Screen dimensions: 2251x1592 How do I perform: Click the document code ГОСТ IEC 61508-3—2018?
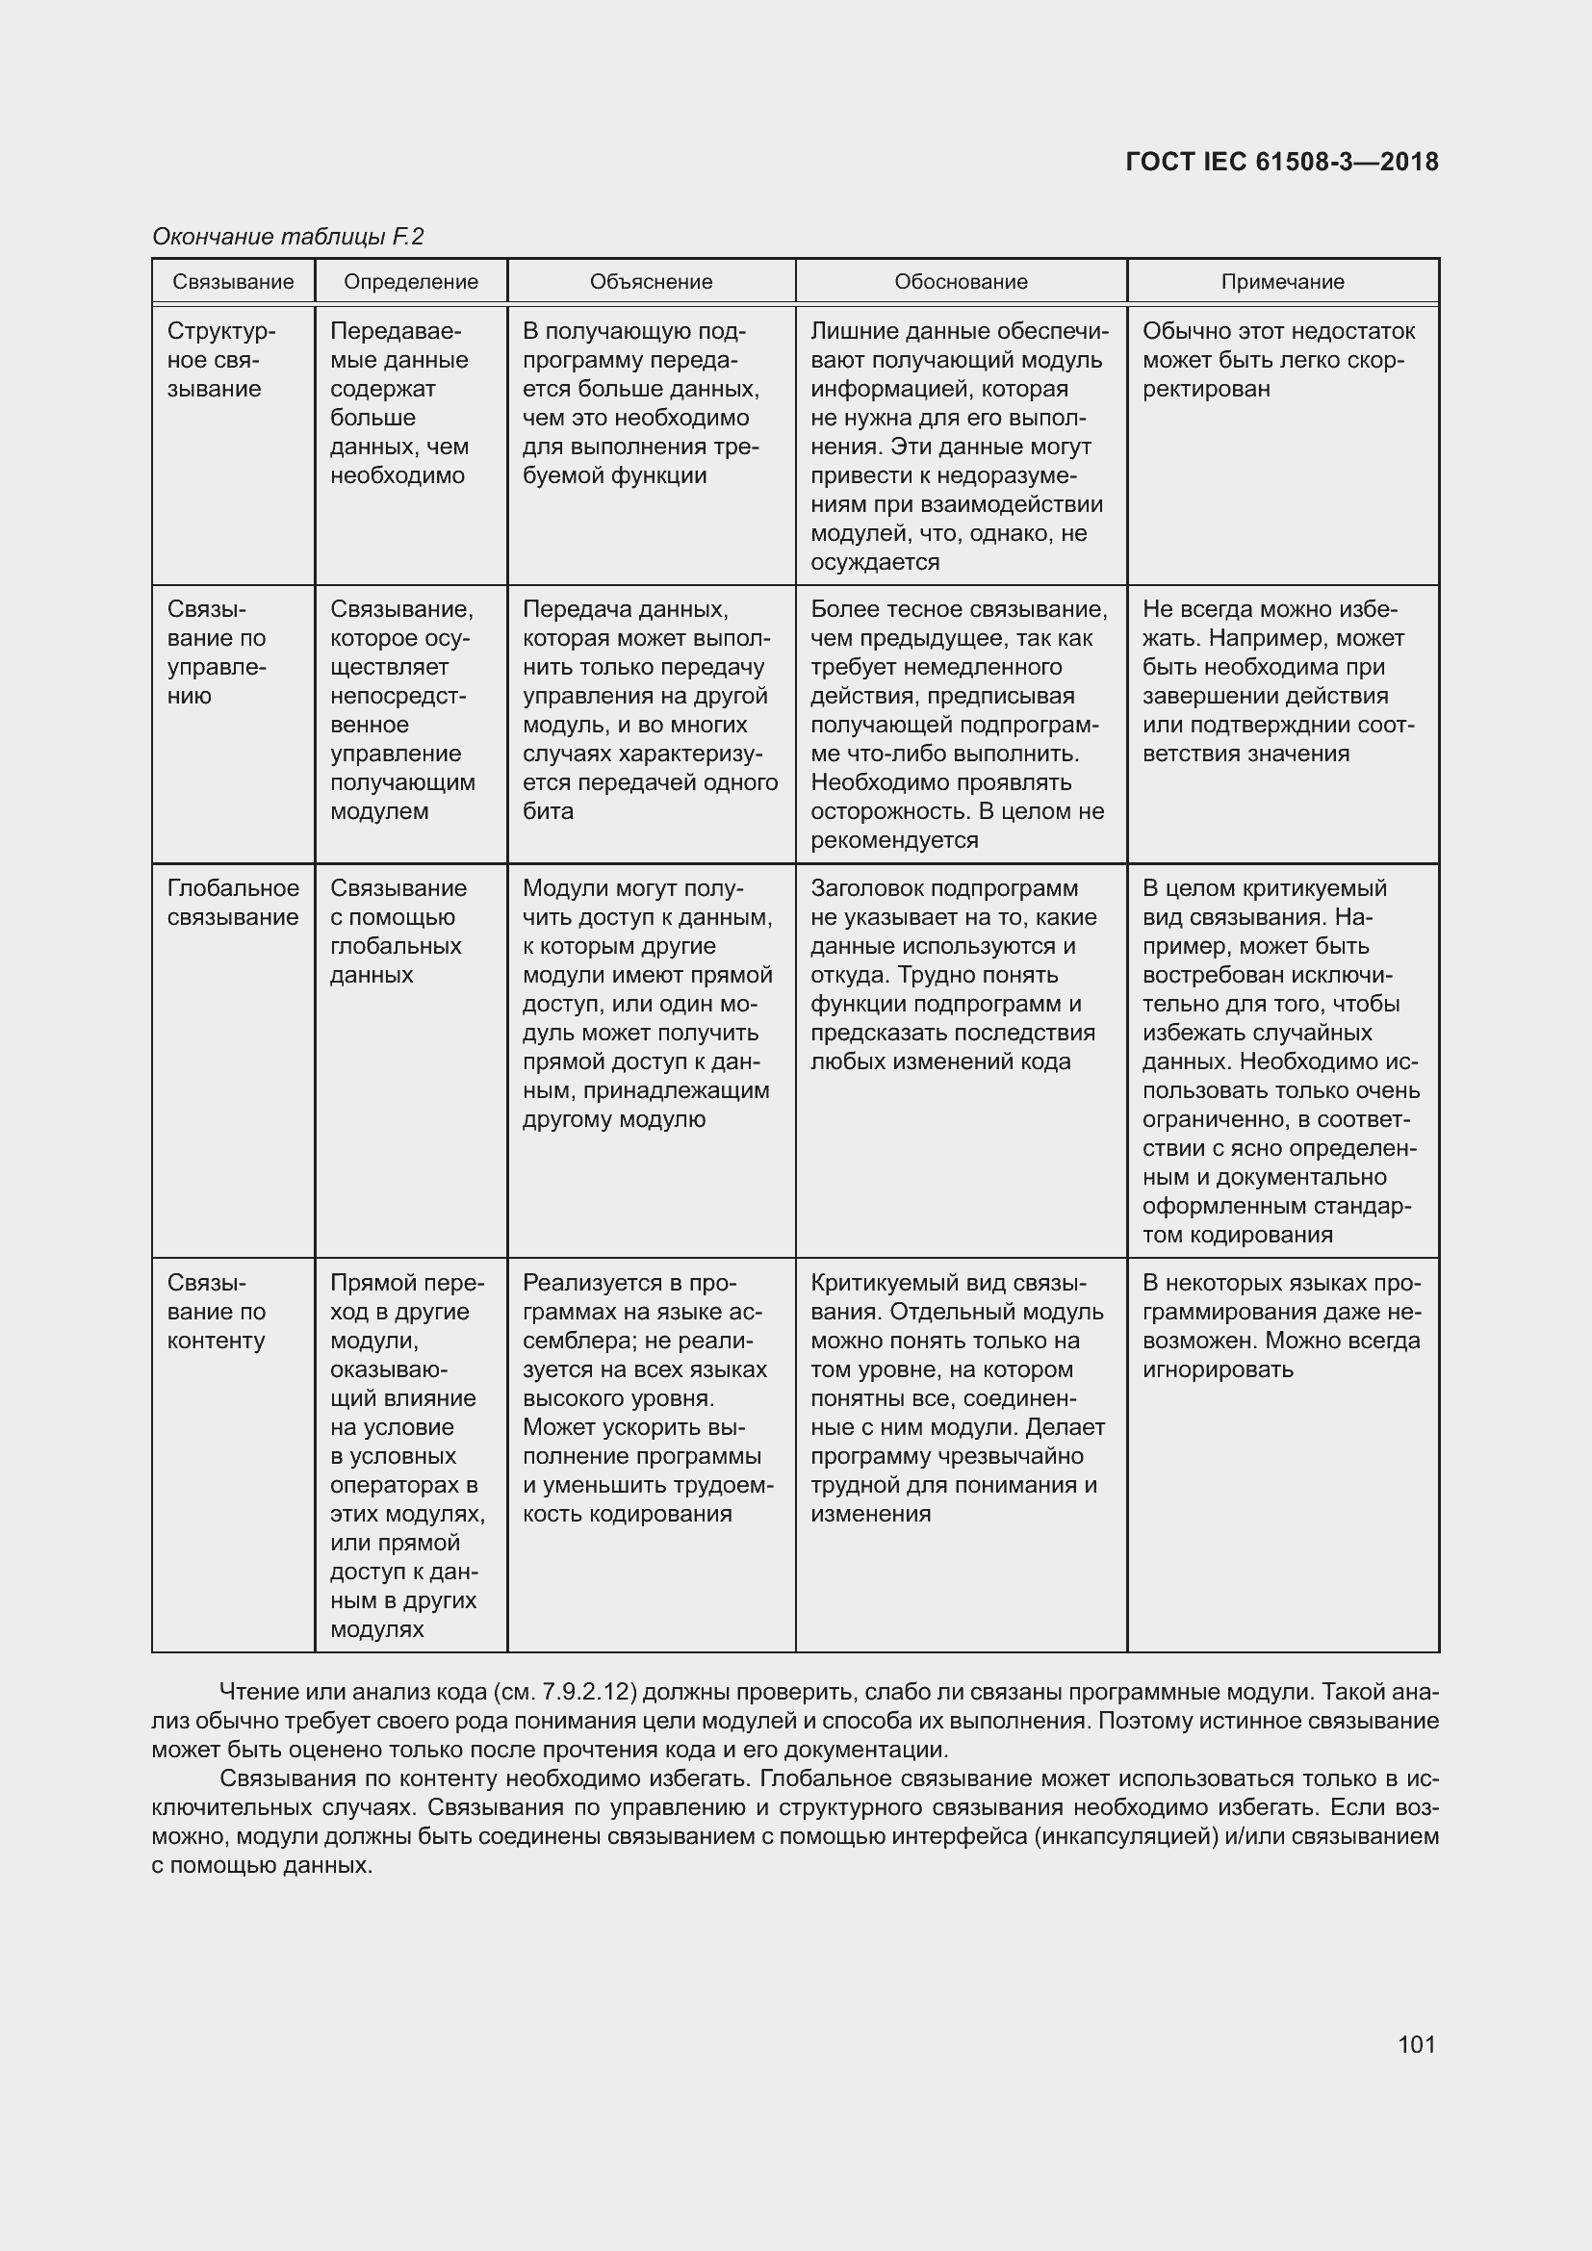(1281, 162)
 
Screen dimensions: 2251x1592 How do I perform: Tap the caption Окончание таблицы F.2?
(287, 237)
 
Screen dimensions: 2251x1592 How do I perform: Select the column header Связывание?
(233, 282)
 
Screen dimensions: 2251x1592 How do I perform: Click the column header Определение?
(411, 282)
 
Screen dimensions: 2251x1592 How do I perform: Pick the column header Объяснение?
(651, 282)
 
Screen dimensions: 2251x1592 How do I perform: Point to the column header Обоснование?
(961, 282)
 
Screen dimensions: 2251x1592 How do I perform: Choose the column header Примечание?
(1282, 282)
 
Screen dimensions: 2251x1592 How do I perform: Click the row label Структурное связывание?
(220, 360)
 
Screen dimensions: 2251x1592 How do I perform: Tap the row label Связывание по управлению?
(216, 652)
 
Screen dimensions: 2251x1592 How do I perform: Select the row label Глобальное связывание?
(233, 902)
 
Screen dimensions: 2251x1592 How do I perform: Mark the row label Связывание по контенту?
(216, 1311)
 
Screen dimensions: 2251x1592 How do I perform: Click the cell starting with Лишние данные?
(959, 447)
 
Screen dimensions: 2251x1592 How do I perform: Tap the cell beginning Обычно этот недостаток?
(1278, 360)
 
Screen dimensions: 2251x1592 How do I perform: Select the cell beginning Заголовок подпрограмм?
(953, 975)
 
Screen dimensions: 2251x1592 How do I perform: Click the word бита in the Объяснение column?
(548, 810)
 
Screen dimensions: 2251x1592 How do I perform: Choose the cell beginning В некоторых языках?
(1281, 1325)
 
